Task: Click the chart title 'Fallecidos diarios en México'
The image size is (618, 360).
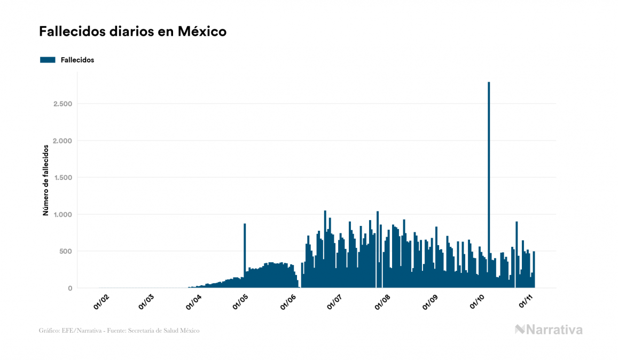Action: coord(132,32)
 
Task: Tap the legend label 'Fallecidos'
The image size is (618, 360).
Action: coord(77,60)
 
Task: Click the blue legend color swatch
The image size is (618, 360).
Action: coord(48,60)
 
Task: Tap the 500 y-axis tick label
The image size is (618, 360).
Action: coord(65,252)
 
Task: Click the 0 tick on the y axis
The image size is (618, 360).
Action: coord(69,288)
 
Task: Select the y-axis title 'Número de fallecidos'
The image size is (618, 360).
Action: coord(45,180)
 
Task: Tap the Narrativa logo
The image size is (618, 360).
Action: coord(549,330)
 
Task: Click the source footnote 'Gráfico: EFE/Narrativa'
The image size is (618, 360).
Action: coord(119,331)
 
